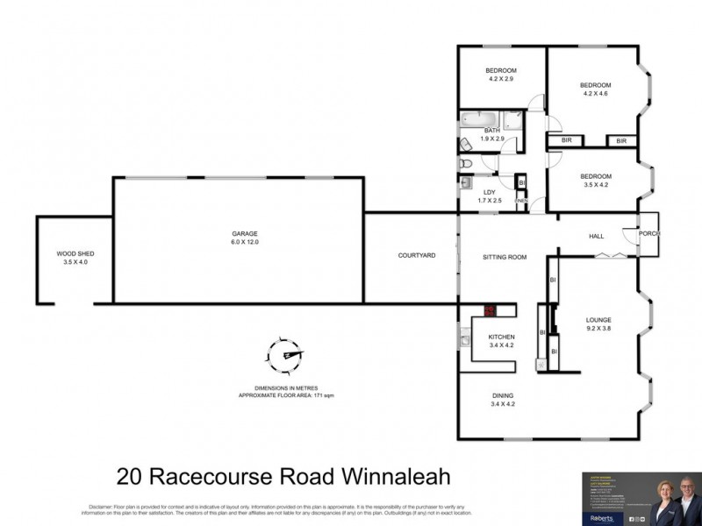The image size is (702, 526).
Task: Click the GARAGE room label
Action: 245,233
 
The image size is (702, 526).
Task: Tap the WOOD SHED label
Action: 75,253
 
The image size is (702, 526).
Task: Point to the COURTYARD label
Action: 417,255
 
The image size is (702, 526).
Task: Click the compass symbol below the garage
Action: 286,356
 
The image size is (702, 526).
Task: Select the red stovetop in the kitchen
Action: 488,309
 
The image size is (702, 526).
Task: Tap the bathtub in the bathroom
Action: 479,120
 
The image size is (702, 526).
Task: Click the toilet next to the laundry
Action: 466,163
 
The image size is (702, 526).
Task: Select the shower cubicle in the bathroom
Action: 513,120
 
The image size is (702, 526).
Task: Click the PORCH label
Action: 648,233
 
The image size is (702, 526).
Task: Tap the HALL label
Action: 597,235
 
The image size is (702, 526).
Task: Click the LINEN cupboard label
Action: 520,201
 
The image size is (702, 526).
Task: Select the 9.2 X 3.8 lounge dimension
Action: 598,330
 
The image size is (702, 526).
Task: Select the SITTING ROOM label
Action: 505,257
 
